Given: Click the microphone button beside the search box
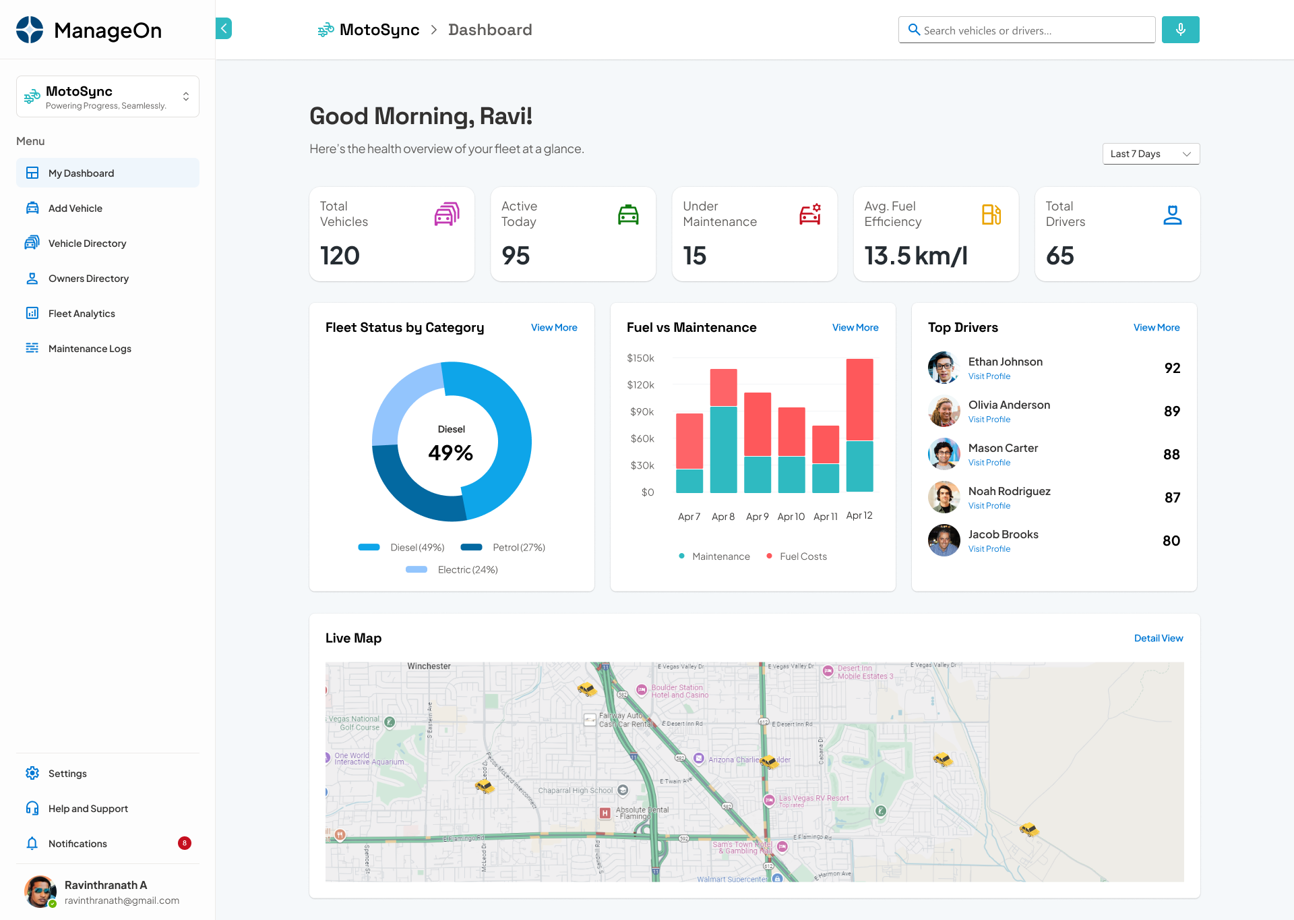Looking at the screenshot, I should point(1180,30).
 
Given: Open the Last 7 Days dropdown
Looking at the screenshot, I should point(1150,154).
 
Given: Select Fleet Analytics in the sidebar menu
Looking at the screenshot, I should point(82,314).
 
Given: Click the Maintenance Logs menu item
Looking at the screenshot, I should point(90,349).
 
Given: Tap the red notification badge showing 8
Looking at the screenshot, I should point(184,843).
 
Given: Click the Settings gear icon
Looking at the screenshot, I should point(32,773).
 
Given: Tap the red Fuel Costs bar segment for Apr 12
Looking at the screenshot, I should point(859,399).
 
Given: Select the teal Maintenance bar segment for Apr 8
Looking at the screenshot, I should point(723,449).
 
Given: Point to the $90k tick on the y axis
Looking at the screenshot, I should point(642,411).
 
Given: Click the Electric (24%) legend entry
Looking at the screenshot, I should point(467,570).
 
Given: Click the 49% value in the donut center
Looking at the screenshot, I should point(451,453).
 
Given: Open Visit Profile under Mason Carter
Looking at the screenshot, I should point(989,463).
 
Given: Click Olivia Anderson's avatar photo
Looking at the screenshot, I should point(944,411).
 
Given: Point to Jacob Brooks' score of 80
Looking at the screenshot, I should point(1171,540).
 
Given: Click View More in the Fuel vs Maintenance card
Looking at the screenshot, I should point(855,328).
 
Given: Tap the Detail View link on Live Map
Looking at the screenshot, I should point(1158,638).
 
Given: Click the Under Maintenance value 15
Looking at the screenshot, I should point(694,256).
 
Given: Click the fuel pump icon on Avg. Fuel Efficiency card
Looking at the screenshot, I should point(991,214).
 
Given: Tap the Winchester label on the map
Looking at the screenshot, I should point(429,666).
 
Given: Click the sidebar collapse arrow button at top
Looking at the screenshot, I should point(224,28).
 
